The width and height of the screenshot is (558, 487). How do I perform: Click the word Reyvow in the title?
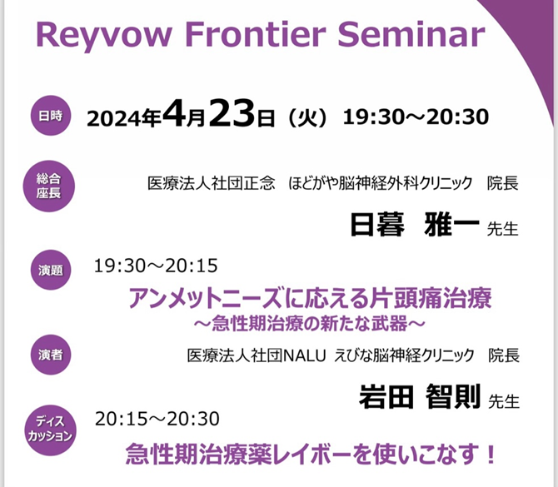point(104,36)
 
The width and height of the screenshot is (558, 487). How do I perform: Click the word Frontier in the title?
point(255,34)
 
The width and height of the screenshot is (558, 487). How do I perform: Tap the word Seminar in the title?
point(411,34)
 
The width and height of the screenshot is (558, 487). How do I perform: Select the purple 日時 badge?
point(51,116)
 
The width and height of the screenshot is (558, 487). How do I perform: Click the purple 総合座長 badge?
point(49,186)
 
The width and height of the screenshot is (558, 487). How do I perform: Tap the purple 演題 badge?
point(51,270)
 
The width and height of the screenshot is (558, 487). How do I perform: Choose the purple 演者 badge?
point(51,355)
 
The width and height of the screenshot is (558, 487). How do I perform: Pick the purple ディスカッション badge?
point(50,430)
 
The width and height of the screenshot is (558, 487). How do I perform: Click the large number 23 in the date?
point(232,113)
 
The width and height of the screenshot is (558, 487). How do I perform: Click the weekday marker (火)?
point(307,117)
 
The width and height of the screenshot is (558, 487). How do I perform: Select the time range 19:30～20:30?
point(416,117)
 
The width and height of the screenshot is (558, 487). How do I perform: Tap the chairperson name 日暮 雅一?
point(415,224)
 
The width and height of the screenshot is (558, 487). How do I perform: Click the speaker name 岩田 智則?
point(420,396)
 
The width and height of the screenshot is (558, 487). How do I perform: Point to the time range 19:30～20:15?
point(156,266)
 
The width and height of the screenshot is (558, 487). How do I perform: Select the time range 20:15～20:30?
point(157,419)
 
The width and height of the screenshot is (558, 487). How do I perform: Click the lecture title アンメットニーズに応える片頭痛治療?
point(310,298)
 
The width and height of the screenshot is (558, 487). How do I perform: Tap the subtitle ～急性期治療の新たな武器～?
point(310,323)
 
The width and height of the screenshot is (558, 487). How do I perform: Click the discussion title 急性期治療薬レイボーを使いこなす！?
point(311,454)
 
